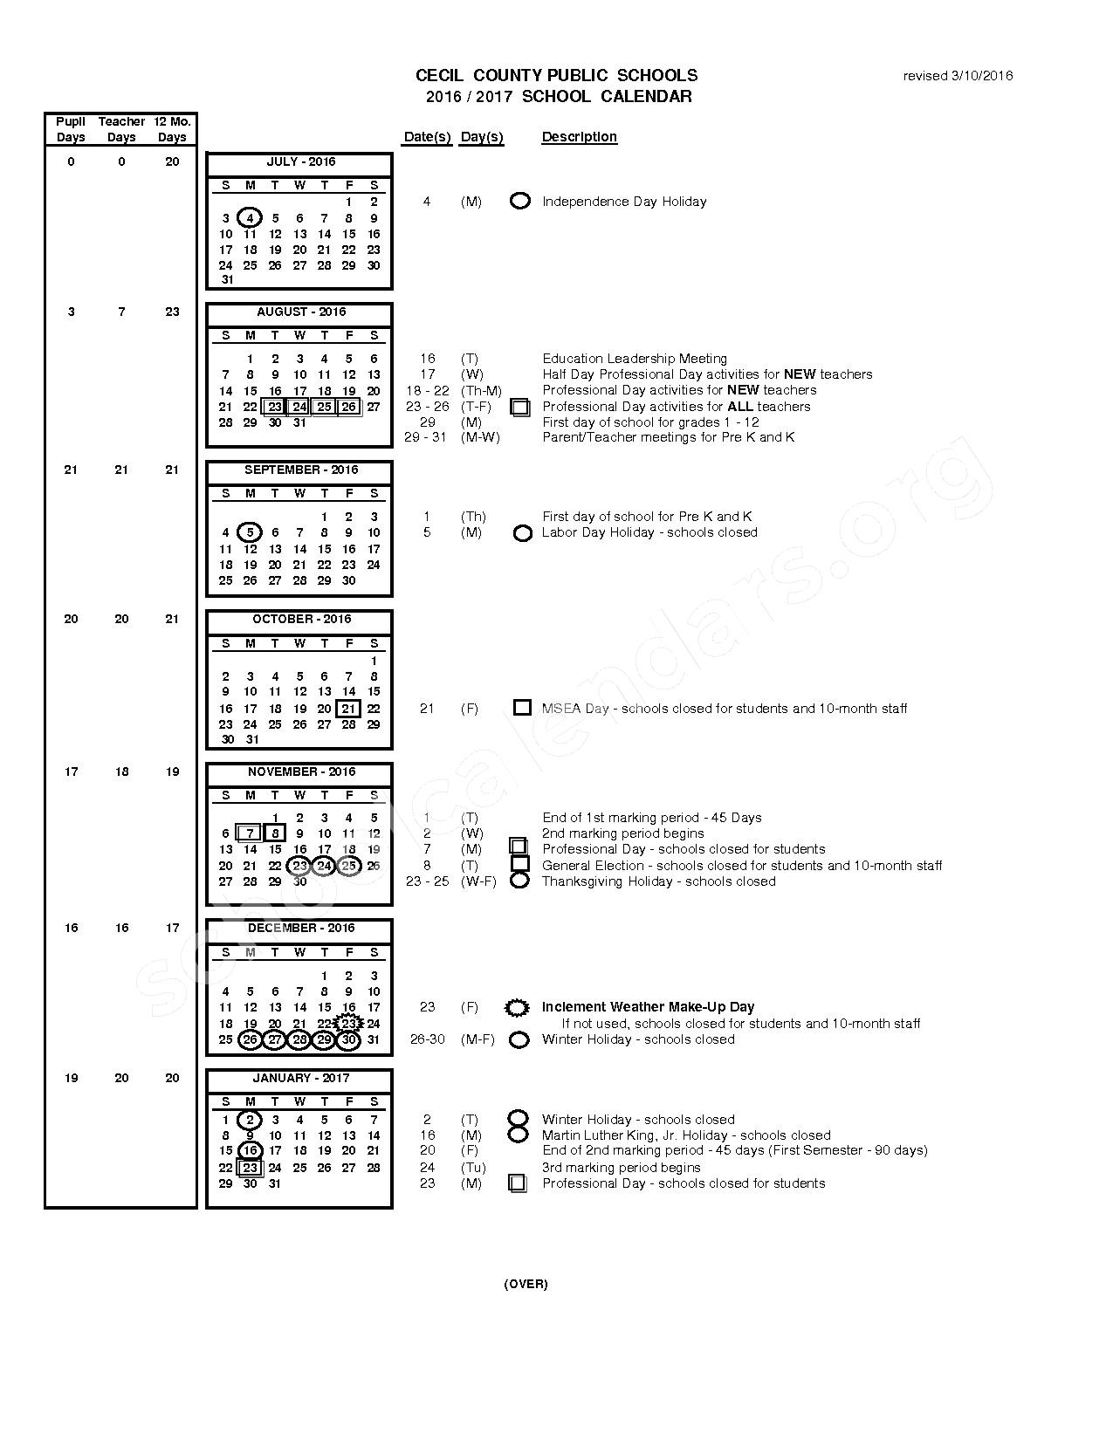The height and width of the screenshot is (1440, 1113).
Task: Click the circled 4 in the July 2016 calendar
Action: (251, 218)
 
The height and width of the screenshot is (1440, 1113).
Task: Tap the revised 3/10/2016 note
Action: (958, 76)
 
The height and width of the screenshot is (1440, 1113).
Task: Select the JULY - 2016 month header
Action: (300, 161)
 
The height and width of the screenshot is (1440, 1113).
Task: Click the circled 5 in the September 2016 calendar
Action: (251, 532)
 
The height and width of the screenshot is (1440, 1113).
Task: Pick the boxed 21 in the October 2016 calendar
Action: (348, 709)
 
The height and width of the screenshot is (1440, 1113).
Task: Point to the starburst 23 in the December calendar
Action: (348, 1024)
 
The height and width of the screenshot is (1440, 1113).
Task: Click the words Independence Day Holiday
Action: (624, 202)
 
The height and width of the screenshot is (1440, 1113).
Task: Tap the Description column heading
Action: (580, 137)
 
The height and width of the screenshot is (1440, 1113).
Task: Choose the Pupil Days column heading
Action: (71, 129)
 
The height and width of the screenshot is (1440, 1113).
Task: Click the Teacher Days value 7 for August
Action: (121, 312)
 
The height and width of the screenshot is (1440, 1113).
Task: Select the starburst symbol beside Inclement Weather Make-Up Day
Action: (518, 1008)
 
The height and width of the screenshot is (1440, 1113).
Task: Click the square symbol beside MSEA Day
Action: (522, 708)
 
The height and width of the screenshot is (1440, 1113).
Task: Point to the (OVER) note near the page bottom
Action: (526, 1284)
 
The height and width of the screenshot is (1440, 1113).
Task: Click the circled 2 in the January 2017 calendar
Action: (251, 1120)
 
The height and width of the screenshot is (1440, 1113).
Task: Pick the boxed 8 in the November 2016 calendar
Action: (275, 833)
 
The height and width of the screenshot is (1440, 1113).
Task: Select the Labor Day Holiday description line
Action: (649, 532)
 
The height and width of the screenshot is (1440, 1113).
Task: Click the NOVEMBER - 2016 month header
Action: (301, 771)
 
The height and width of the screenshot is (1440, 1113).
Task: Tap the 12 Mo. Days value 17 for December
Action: (172, 928)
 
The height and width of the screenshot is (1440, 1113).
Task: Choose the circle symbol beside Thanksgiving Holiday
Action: (519, 881)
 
